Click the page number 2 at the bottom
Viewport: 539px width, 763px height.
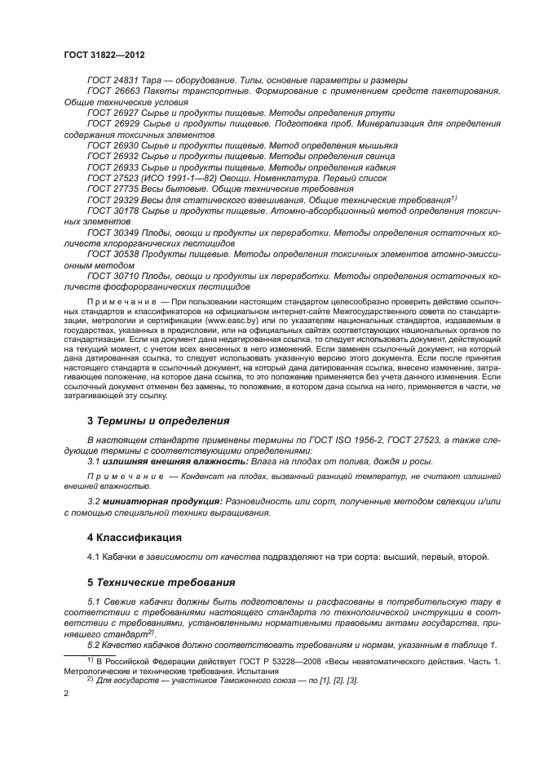[x=67, y=694]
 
